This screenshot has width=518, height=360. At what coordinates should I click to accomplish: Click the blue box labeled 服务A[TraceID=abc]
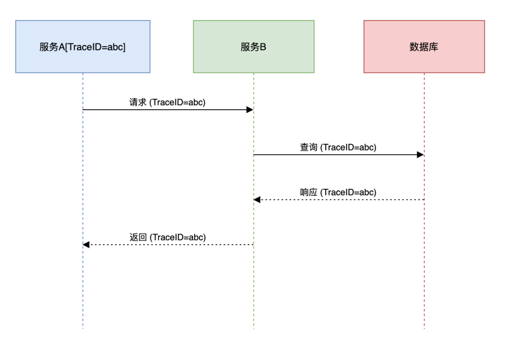82,46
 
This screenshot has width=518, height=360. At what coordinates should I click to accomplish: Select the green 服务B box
253,46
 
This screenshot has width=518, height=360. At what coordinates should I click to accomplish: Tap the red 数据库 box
424,46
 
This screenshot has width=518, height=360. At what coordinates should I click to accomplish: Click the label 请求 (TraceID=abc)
167,102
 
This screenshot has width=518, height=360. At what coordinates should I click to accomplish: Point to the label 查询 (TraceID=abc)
338,147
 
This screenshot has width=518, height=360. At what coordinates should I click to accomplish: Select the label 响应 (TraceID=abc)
338,192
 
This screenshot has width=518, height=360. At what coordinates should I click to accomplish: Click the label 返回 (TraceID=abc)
167,237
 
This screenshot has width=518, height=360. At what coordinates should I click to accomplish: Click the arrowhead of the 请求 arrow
250,110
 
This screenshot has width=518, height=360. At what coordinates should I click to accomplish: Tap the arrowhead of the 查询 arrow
421,155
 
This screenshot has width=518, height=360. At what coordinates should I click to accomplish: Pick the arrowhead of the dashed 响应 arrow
257,199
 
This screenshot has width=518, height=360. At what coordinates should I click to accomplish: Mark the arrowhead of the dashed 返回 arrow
86,244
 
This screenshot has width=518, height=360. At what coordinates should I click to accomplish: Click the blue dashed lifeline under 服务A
82,288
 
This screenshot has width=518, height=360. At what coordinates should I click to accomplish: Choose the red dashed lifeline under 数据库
424,288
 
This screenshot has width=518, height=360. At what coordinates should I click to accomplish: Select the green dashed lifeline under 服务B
253,288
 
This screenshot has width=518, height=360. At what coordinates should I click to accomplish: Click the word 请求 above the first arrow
137,102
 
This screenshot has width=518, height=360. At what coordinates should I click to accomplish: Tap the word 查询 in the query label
308,147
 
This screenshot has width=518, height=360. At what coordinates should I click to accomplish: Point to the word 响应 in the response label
308,192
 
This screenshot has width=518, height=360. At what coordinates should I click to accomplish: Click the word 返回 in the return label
138,237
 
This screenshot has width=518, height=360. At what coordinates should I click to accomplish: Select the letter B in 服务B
263,47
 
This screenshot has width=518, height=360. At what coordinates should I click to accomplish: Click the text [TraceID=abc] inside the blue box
99,47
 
